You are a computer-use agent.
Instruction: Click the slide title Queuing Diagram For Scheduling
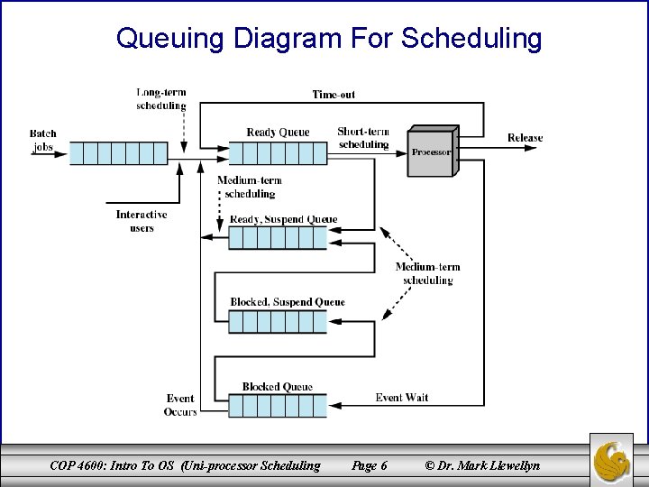(x=329, y=39)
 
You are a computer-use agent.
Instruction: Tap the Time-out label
(x=334, y=95)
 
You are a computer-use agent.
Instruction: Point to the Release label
(x=525, y=138)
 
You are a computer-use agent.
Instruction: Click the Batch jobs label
(x=43, y=141)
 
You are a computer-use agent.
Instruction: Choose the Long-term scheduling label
(x=160, y=98)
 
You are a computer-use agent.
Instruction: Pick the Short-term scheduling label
(x=363, y=138)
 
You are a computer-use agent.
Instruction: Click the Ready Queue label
(x=278, y=133)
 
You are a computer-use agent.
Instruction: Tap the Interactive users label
(x=142, y=221)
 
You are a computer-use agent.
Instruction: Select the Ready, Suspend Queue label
(x=283, y=219)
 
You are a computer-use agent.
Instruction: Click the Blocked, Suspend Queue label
(x=287, y=302)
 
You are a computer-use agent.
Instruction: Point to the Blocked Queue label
(x=277, y=387)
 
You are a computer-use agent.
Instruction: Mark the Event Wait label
(x=401, y=398)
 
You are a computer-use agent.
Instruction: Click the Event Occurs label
(x=180, y=404)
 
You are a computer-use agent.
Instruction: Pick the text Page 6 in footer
(x=370, y=465)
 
